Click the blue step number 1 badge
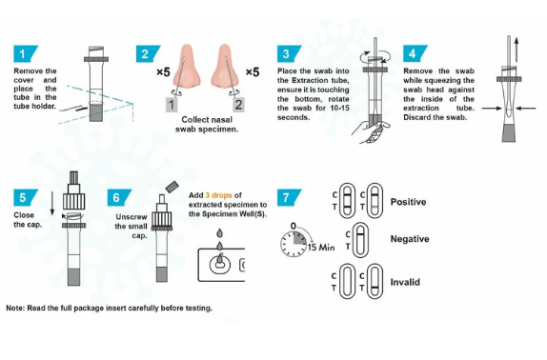(x=25, y=53)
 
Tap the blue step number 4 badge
(x=415, y=53)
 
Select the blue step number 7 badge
(x=289, y=197)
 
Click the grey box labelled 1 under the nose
(x=171, y=105)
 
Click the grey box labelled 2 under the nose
(x=238, y=105)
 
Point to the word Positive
(x=408, y=202)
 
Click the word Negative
(x=410, y=239)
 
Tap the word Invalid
(x=405, y=282)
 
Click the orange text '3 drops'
(x=219, y=195)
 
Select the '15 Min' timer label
(x=321, y=247)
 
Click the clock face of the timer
(x=294, y=243)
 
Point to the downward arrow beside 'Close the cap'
(x=52, y=203)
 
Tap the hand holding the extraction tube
(x=371, y=131)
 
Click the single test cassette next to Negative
(x=360, y=240)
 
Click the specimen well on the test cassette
(x=220, y=265)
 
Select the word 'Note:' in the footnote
(x=15, y=308)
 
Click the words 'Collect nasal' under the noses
(x=207, y=120)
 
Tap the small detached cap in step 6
(x=172, y=187)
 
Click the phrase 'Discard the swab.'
(x=435, y=117)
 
